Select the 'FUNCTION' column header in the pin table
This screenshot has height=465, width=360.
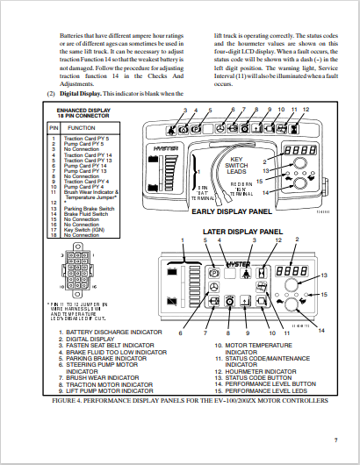point(82,128)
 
